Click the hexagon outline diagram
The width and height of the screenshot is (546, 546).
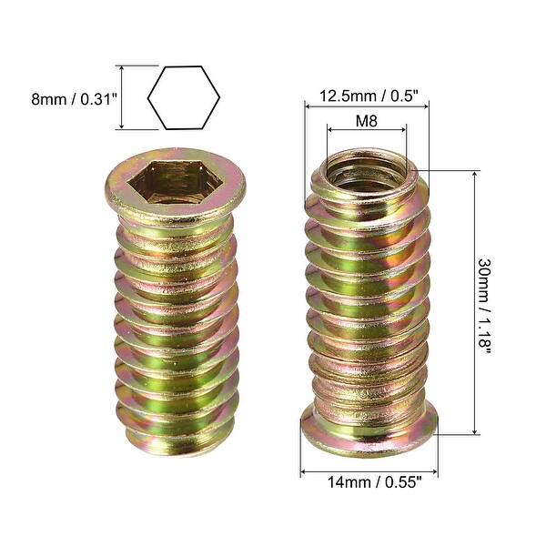coord(183,97)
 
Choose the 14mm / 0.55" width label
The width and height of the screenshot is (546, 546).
coord(370,485)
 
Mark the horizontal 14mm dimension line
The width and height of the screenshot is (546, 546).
coord(369,471)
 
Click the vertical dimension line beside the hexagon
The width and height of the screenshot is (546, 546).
coord(119,97)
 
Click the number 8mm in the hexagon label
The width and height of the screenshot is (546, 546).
coord(48,97)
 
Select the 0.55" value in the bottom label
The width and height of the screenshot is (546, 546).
coord(403,485)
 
